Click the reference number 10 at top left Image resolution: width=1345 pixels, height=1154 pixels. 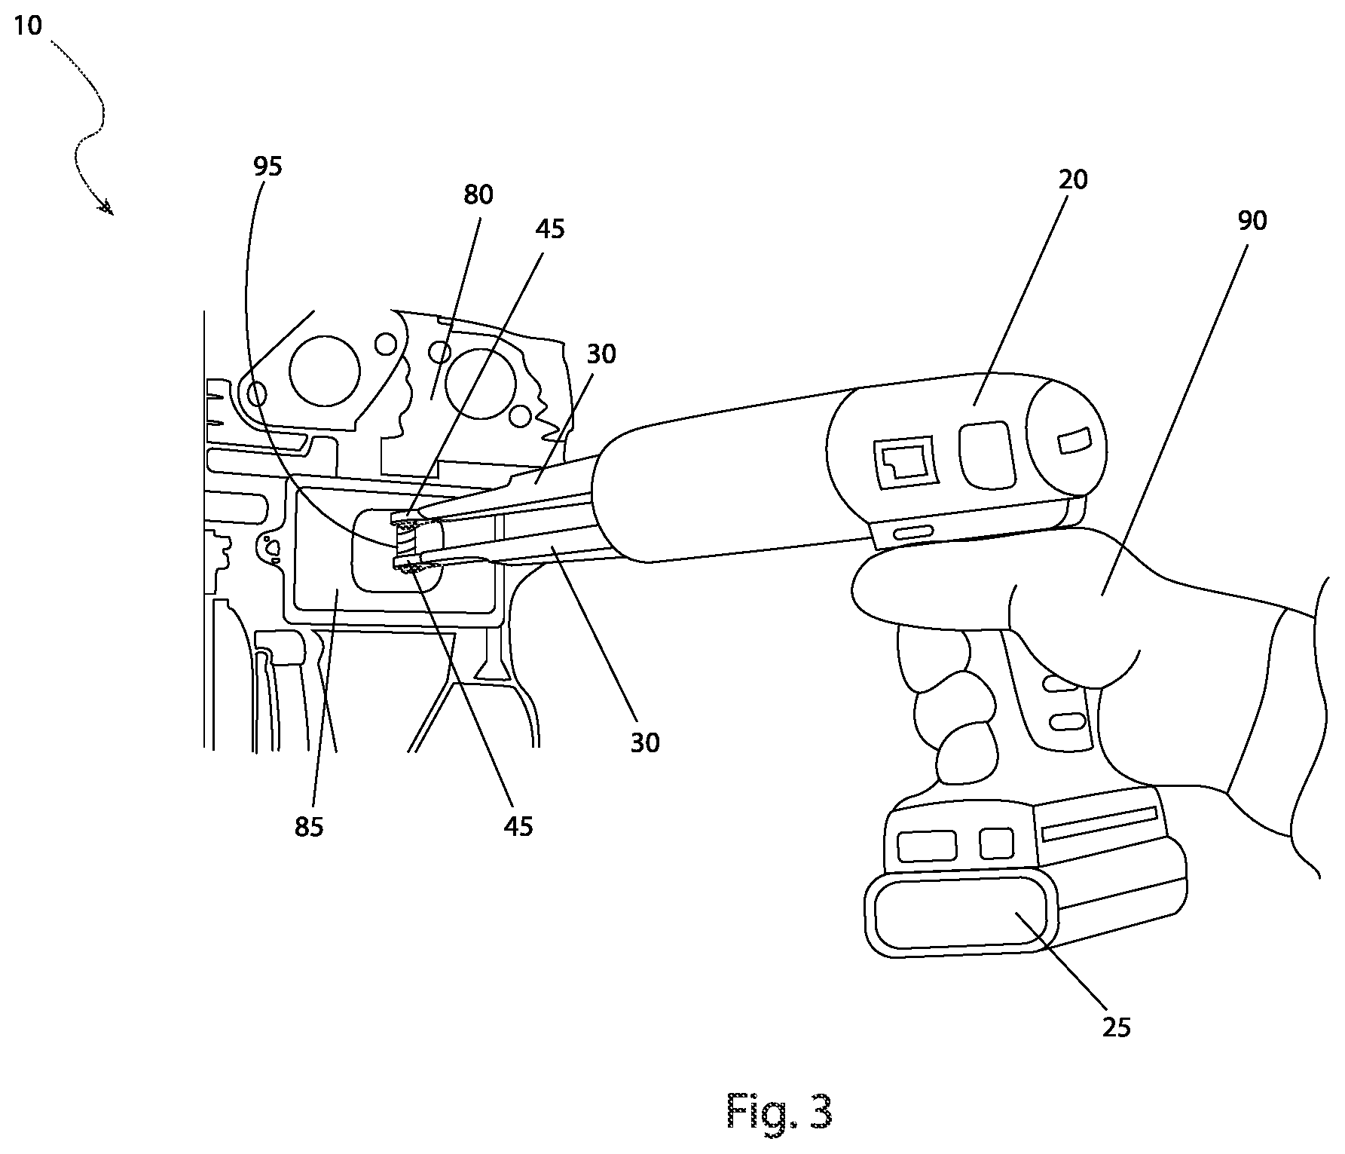29,26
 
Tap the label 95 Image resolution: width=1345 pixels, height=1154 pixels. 267,167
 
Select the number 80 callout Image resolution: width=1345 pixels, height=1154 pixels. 478,195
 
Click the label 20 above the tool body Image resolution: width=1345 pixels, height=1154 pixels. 1074,179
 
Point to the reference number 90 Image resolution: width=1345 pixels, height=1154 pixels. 1252,220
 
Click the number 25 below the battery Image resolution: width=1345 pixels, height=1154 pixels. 1117,1027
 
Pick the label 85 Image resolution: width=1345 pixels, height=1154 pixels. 309,827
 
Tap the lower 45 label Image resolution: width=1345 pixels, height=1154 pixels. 518,826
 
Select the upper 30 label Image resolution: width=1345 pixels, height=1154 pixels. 601,354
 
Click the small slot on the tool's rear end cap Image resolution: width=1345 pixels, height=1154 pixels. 1075,441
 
